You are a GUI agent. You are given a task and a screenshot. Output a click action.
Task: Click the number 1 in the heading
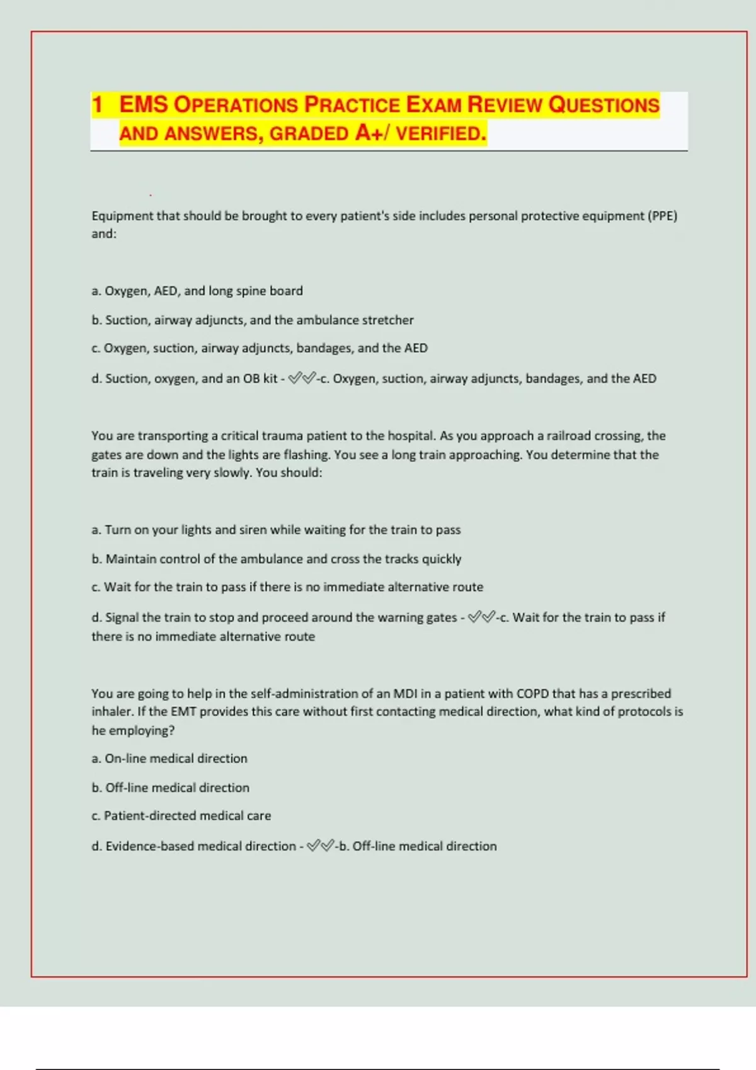coord(97,104)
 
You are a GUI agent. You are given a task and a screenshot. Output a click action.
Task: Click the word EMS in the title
coord(143,104)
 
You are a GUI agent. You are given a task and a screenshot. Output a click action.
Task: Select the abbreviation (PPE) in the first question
coord(662,216)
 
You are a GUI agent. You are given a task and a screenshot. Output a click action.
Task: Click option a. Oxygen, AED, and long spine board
coord(197,291)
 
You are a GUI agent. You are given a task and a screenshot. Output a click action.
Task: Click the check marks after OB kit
coord(302,378)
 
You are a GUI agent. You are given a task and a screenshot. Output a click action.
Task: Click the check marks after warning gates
coord(481,617)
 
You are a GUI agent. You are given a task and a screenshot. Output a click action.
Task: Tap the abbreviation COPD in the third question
coord(532,694)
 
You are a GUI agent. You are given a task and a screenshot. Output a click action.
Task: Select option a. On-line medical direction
coord(169,758)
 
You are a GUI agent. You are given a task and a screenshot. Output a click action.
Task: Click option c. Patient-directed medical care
coord(181,816)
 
